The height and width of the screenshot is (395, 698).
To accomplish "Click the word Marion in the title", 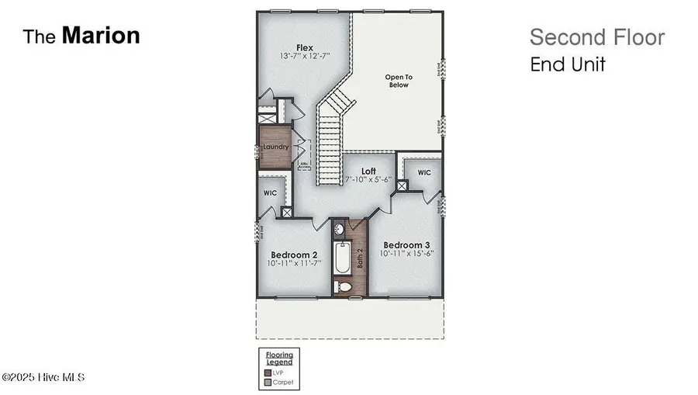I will click(101, 36).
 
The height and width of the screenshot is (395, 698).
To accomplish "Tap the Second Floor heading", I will click(596, 37).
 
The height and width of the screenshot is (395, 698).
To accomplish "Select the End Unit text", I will click(567, 64).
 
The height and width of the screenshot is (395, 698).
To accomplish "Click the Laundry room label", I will click(275, 147).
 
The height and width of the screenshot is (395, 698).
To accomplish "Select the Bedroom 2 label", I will click(294, 255).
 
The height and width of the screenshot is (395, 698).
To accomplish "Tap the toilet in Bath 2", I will click(344, 288).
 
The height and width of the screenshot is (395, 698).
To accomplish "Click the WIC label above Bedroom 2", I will click(271, 192).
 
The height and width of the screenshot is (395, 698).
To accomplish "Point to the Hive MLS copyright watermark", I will click(43, 377).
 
